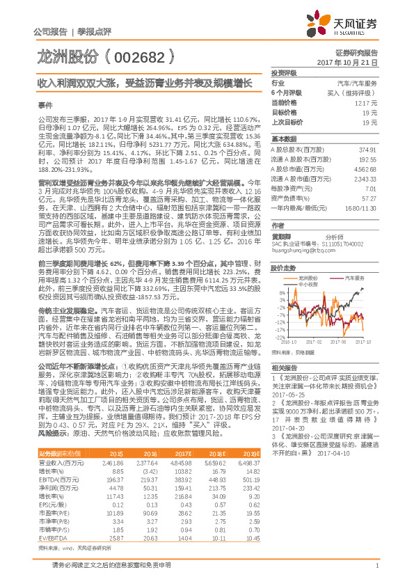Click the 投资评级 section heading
(284, 72)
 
